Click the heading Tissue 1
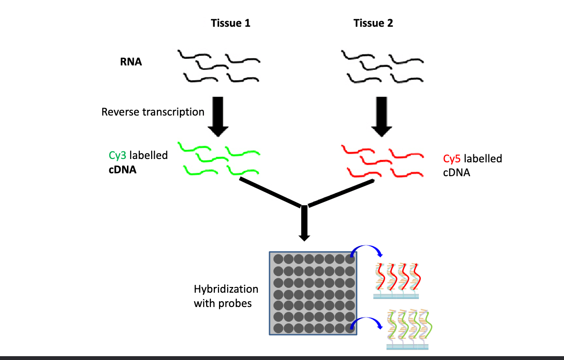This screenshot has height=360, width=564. [x=230, y=23]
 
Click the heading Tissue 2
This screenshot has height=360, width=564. [x=373, y=23]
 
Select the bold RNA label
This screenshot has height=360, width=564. [x=131, y=62]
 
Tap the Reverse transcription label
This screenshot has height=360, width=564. [x=153, y=112]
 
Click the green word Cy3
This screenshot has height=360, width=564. [x=118, y=156]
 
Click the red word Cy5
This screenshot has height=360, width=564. [x=452, y=159]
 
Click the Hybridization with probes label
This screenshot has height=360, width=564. [x=226, y=296]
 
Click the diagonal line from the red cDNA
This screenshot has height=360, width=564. [x=341, y=194]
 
